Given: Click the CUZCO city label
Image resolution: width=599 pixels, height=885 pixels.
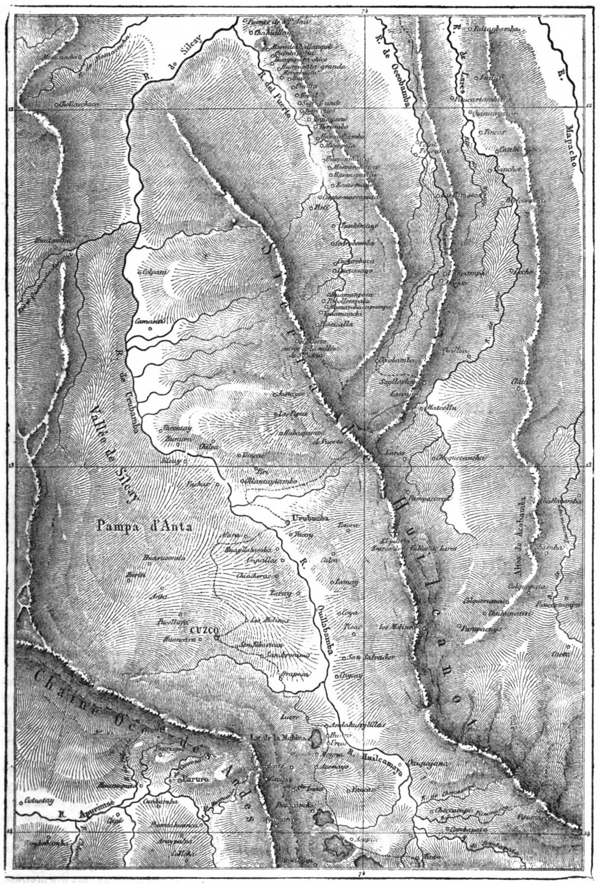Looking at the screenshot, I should point(202,628).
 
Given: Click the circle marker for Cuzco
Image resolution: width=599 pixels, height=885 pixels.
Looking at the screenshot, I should point(216,630).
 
